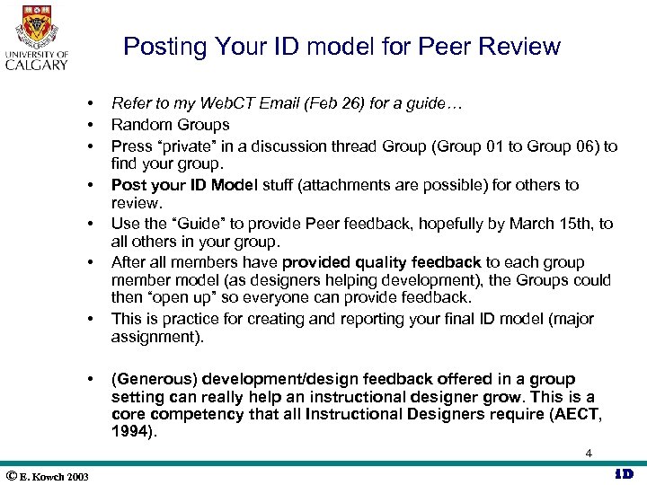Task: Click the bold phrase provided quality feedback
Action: click(x=382, y=262)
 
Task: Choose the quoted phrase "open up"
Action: click(x=177, y=297)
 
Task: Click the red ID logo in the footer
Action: click(x=623, y=474)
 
